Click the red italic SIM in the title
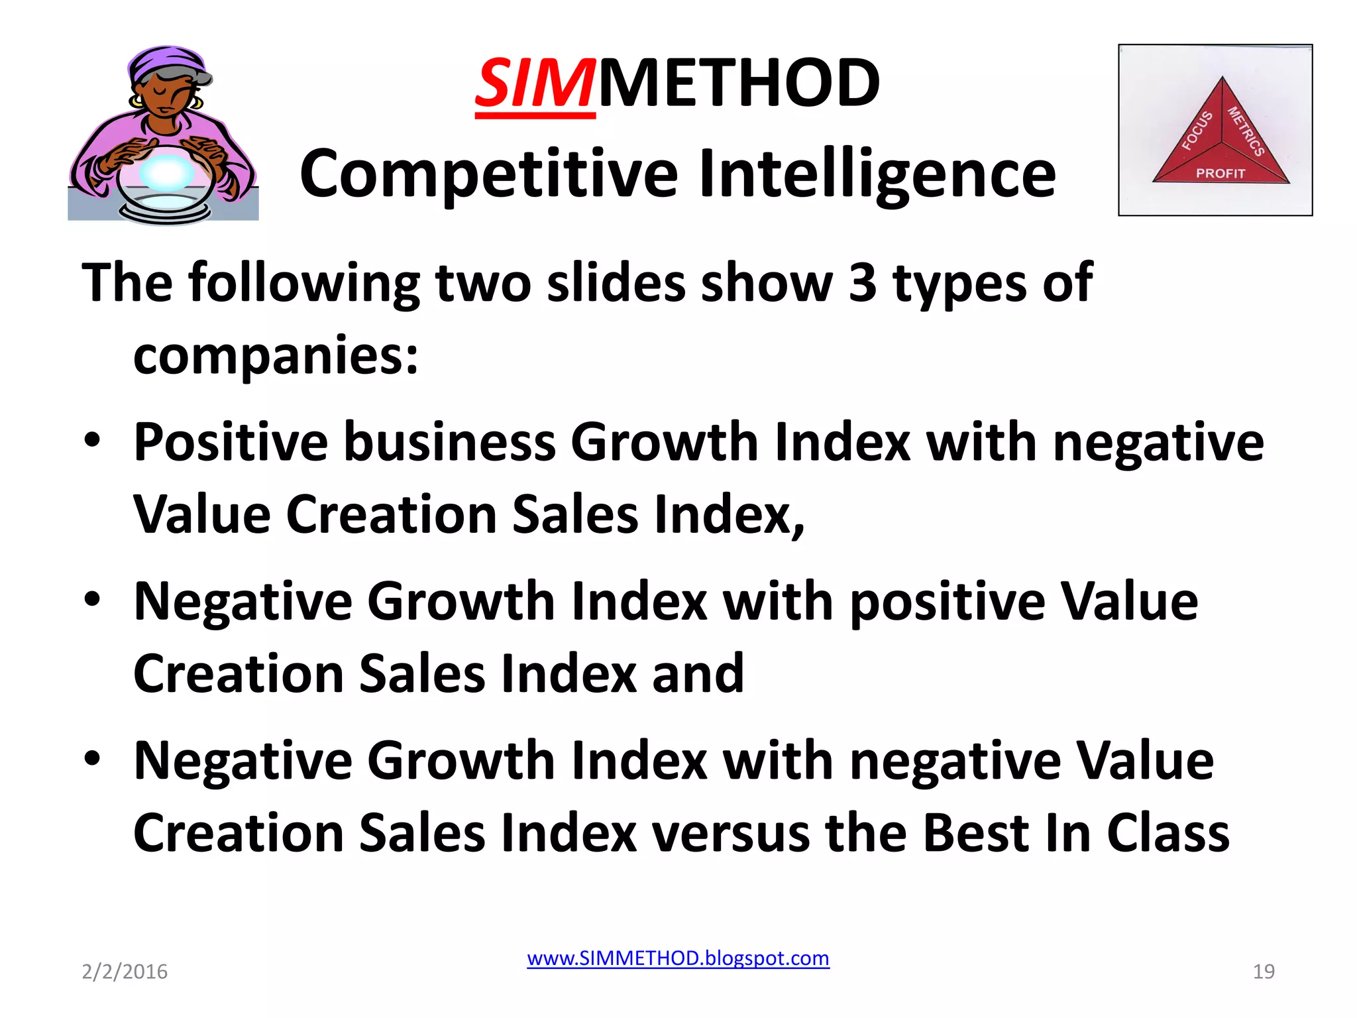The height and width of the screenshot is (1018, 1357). [x=535, y=84]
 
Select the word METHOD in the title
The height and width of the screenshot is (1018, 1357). [x=739, y=84]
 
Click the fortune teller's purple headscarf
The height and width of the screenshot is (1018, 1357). [x=166, y=63]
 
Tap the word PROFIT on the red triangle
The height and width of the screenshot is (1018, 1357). [x=1221, y=174]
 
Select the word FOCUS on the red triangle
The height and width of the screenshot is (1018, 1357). [x=1197, y=131]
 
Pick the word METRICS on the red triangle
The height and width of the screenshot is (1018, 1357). [x=1246, y=131]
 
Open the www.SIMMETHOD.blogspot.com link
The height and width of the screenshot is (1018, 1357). [x=678, y=958]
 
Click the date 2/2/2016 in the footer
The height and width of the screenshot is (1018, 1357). [x=125, y=972]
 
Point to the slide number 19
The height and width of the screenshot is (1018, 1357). [x=1264, y=972]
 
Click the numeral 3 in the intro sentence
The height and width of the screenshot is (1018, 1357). [x=863, y=283]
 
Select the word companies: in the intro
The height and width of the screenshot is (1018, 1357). [x=276, y=356]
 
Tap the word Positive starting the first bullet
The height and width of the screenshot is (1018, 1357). [x=231, y=443]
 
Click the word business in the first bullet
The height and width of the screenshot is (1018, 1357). [x=450, y=443]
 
